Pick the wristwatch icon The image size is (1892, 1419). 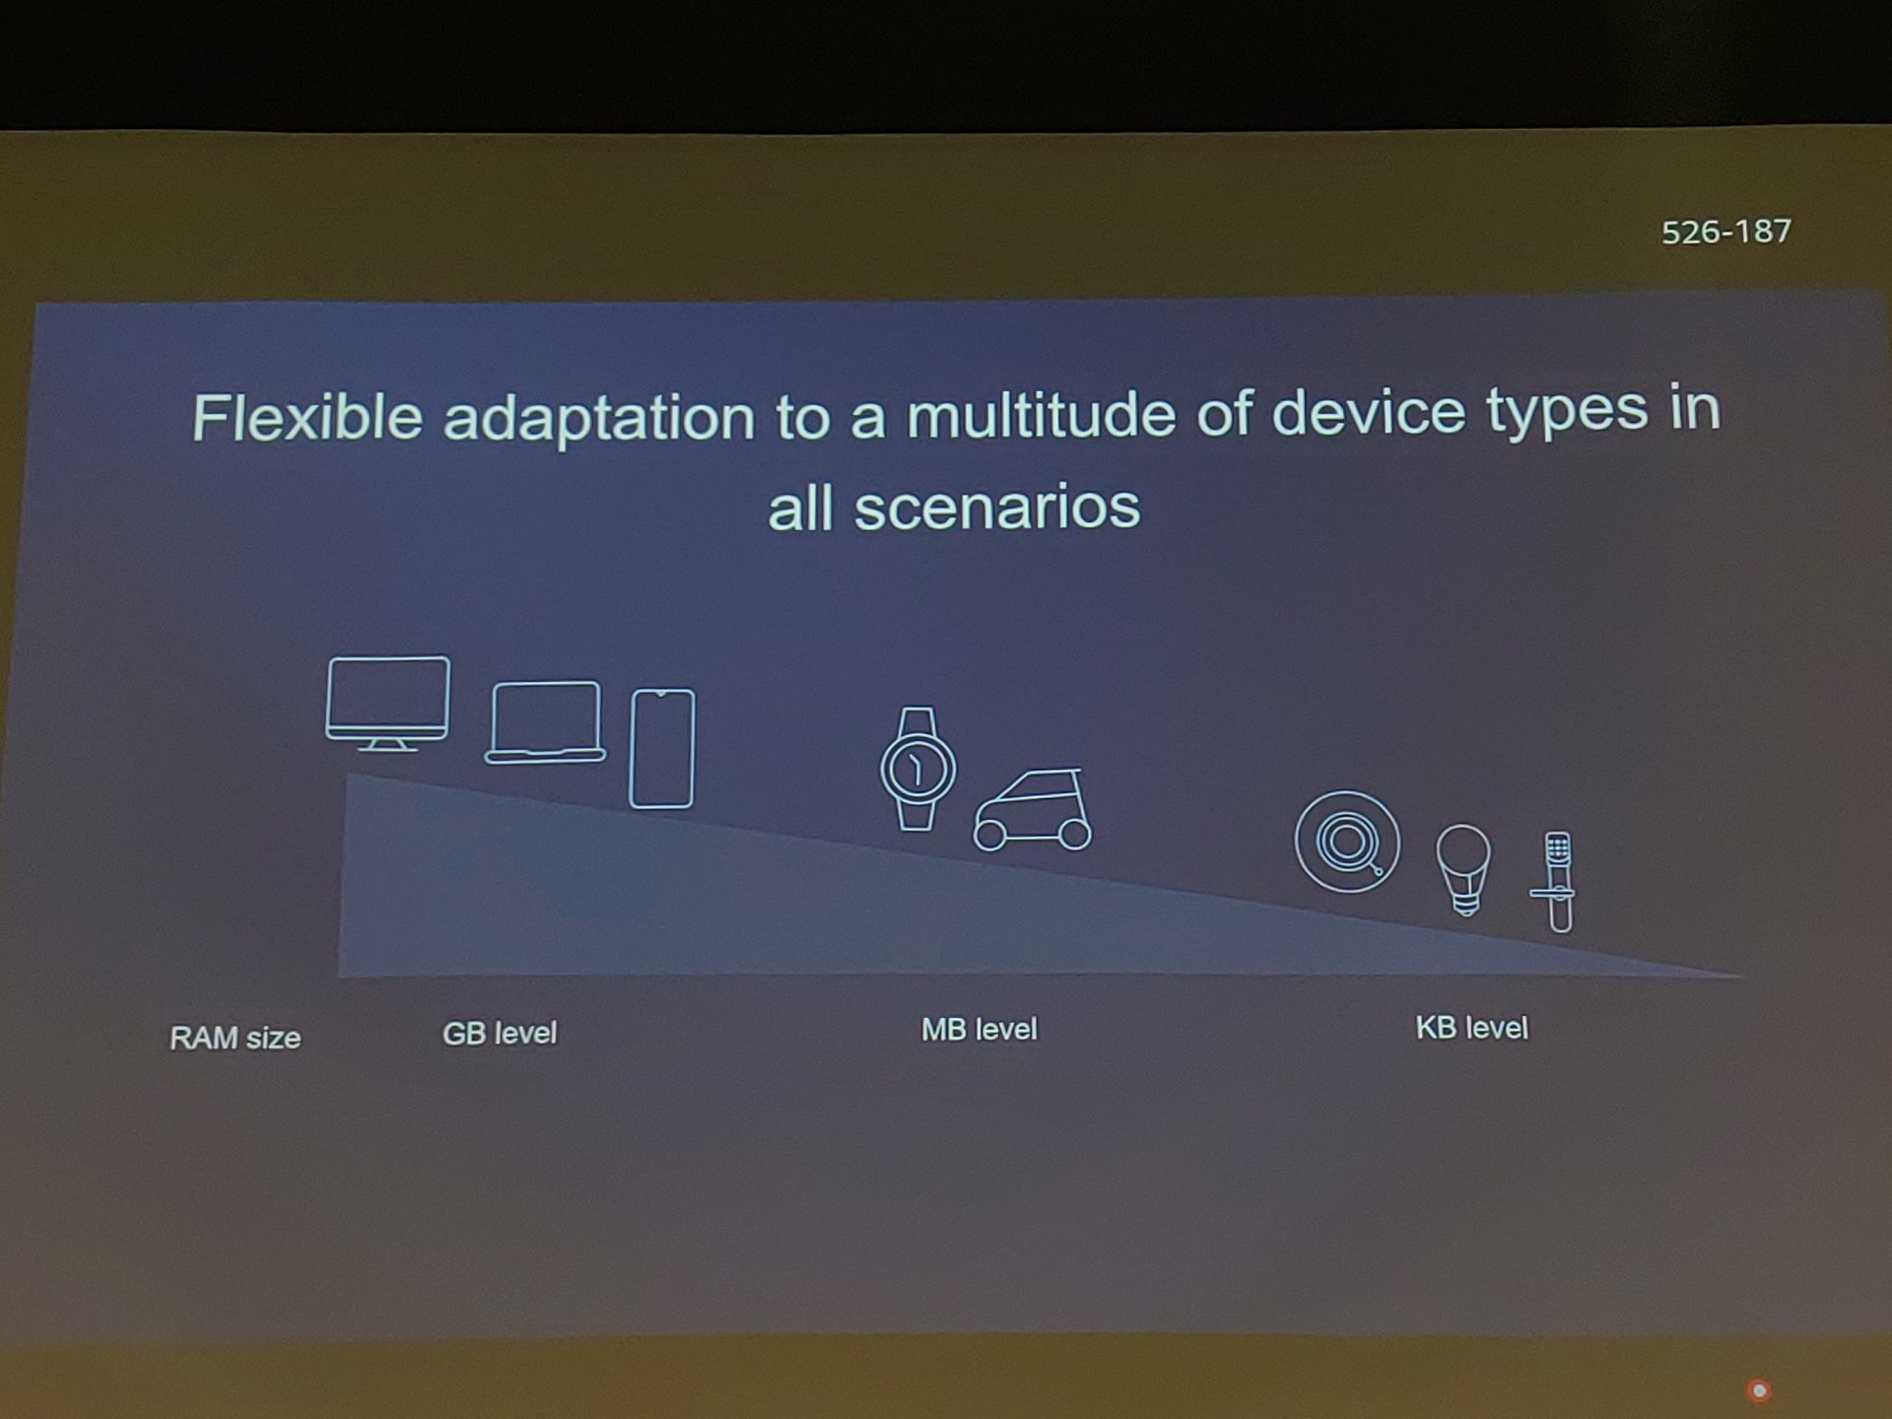(917, 769)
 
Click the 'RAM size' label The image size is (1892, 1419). (235, 1038)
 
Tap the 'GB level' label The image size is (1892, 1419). (500, 1033)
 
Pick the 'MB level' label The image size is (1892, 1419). (980, 1030)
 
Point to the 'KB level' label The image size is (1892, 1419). (1472, 1028)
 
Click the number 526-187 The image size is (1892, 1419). (1726, 232)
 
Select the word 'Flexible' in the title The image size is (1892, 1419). (307, 417)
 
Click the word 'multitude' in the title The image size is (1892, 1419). (1041, 414)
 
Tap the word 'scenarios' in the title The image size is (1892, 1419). (997, 507)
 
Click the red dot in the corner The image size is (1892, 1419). (1759, 1390)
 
